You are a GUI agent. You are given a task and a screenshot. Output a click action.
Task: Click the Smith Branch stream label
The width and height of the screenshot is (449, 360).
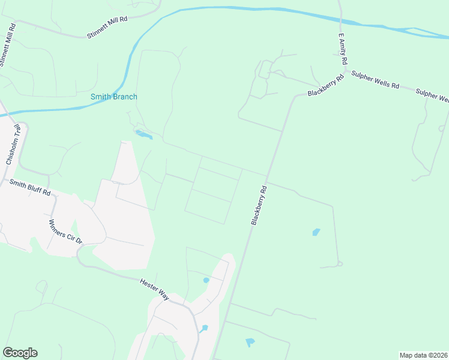pyautogui.click(x=113, y=97)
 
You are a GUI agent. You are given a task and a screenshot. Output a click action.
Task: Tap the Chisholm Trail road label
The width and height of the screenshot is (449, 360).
pyautogui.click(x=13, y=145)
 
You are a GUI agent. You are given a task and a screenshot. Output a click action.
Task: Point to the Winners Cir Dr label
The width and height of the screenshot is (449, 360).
pyautogui.click(x=65, y=231)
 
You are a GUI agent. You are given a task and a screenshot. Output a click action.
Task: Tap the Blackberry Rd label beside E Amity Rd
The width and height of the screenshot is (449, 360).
pyautogui.click(x=325, y=86)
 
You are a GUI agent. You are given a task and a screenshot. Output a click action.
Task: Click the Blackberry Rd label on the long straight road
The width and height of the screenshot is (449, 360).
pyautogui.click(x=259, y=205)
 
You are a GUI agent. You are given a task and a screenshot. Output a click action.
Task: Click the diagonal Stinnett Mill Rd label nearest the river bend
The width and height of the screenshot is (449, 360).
pyautogui.click(x=107, y=28)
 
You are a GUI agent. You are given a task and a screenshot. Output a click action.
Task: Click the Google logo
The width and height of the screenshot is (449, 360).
pyautogui.click(x=20, y=353)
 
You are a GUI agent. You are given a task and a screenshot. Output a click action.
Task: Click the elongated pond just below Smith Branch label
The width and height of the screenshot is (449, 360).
pyautogui.click(x=143, y=134)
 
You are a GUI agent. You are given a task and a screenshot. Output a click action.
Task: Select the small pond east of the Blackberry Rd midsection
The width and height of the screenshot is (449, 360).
pyautogui.click(x=316, y=232)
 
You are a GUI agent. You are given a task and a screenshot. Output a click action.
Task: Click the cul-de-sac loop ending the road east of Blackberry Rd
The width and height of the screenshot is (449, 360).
pyautogui.click(x=340, y=263)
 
